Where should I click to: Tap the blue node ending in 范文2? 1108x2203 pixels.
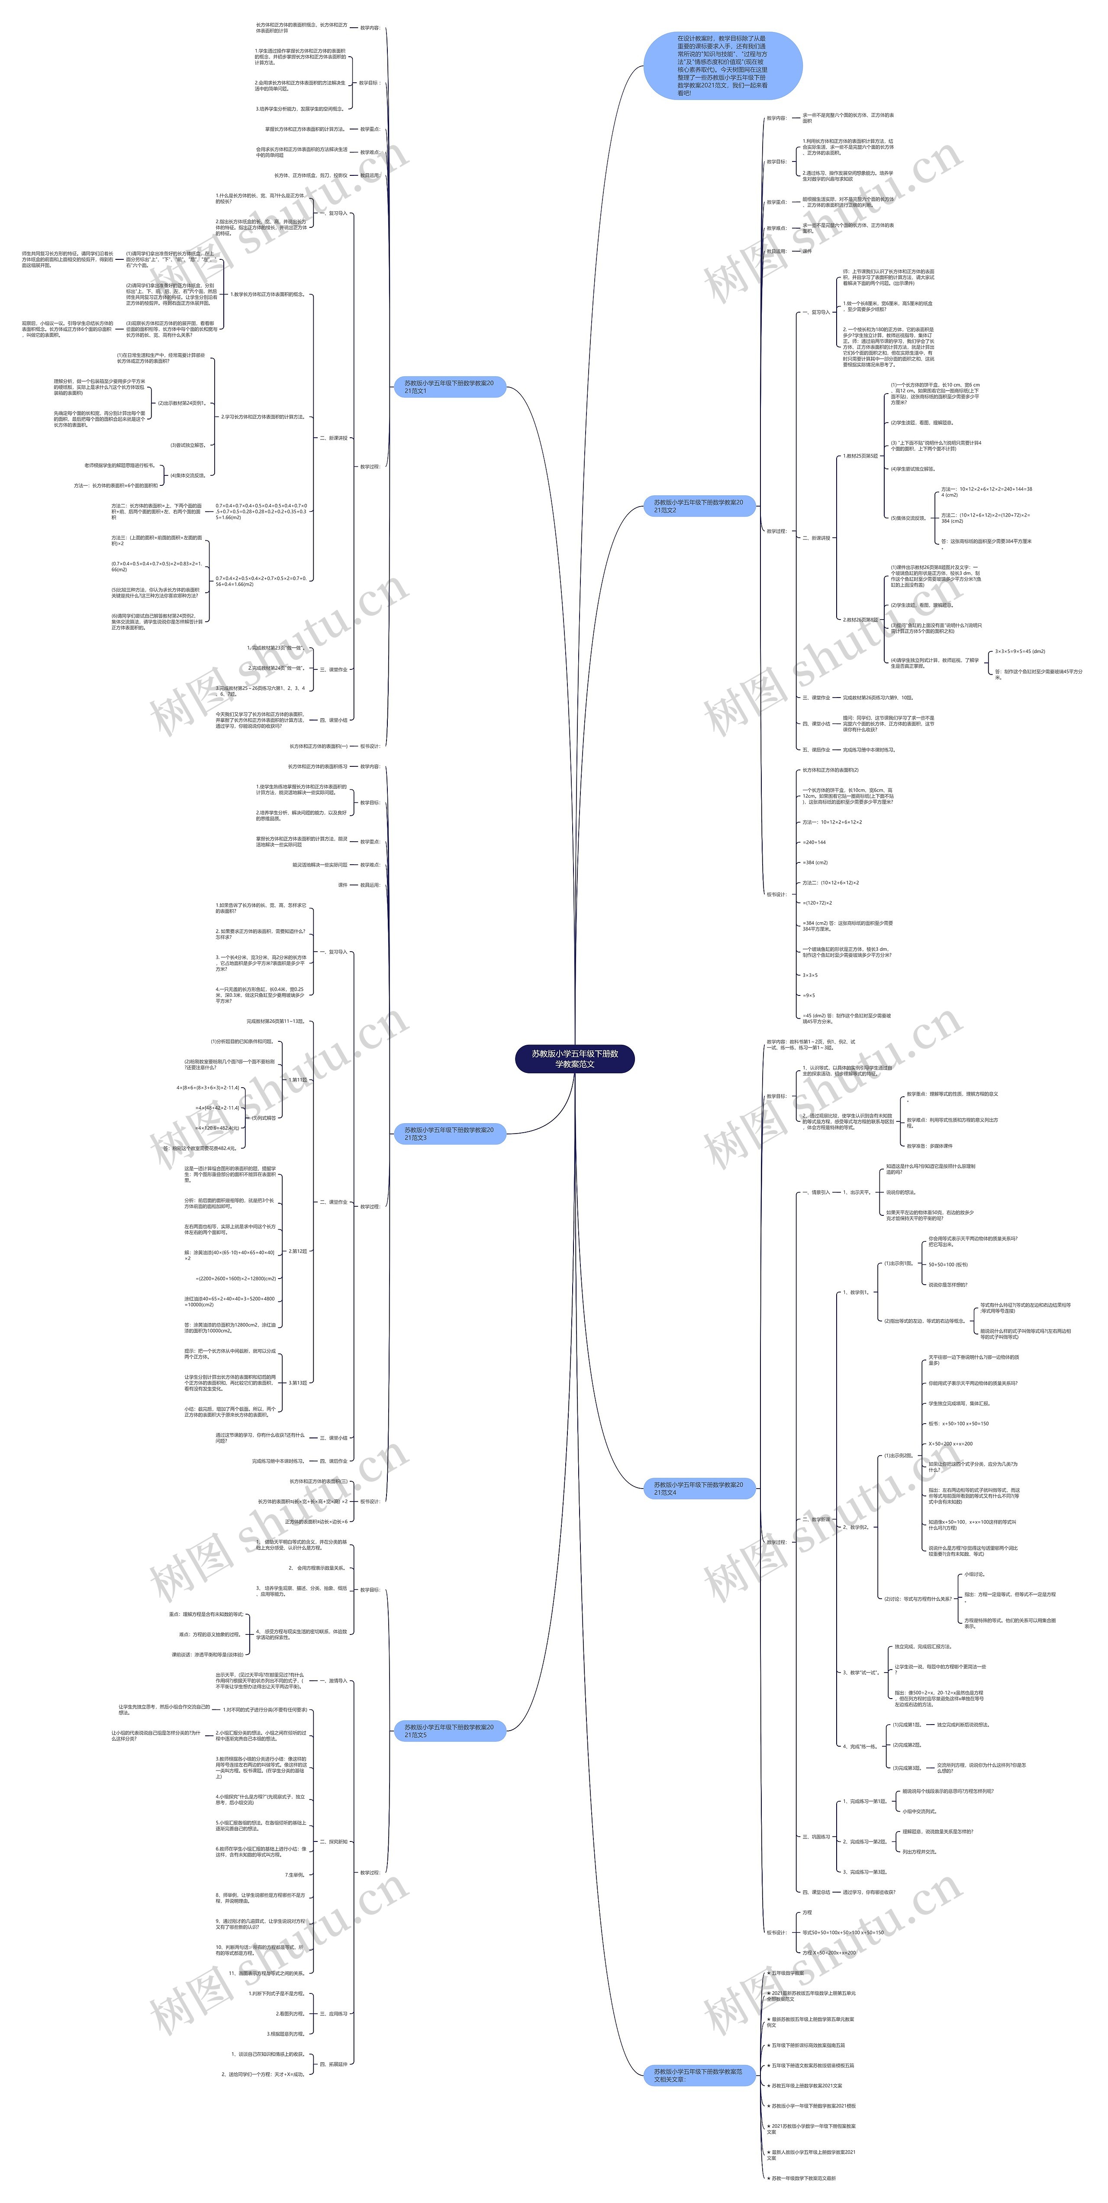699,506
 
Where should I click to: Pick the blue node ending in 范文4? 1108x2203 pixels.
699,1488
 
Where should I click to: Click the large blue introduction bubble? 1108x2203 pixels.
722,65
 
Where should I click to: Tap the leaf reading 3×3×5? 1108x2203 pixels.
810,975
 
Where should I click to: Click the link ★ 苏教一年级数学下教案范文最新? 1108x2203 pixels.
804,2178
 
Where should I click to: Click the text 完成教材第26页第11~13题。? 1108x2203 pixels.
275,1021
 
